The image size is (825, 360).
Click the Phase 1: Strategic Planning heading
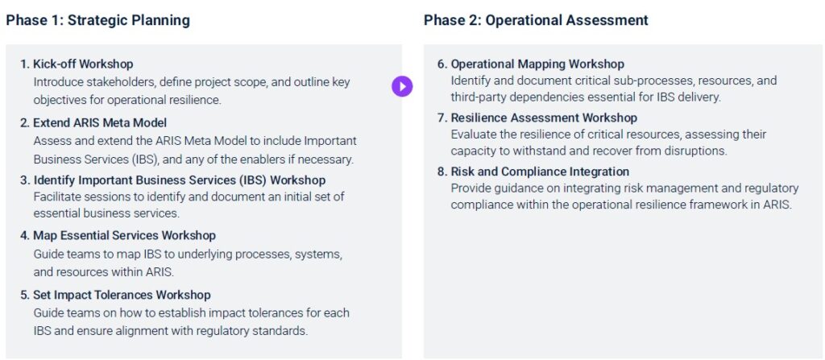pos(97,20)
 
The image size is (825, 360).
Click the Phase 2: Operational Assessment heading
pos(536,20)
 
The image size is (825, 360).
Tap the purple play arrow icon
pos(402,86)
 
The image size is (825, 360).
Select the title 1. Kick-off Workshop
pos(77,64)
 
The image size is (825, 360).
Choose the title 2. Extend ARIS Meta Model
pos(93,123)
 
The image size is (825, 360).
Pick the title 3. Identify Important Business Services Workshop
pos(173,180)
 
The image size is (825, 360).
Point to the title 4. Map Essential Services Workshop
pos(118,235)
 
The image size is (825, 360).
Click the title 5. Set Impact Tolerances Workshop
pos(115,295)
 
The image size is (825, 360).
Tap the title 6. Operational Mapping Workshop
pos(531,64)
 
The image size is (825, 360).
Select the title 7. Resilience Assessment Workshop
pos(537,118)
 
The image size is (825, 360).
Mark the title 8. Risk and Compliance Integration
pos(533,172)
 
